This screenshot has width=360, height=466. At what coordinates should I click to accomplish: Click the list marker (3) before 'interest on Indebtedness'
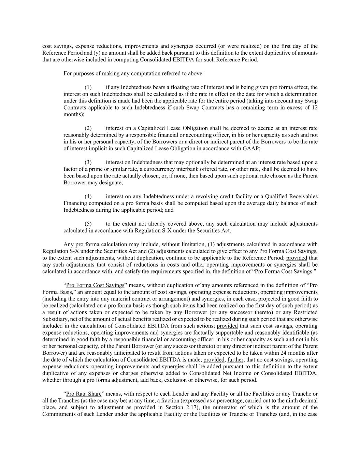(x=88, y=162)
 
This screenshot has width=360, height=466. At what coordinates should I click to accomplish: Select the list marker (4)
(x=88, y=196)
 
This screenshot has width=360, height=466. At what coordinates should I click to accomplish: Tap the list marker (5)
(x=88, y=224)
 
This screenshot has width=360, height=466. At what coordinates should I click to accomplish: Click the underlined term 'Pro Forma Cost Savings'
(x=95, y=285)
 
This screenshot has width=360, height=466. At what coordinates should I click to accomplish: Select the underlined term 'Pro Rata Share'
(x=84, y=394)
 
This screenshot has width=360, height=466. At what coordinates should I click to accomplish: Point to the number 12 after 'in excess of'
(x=315, y=108)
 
